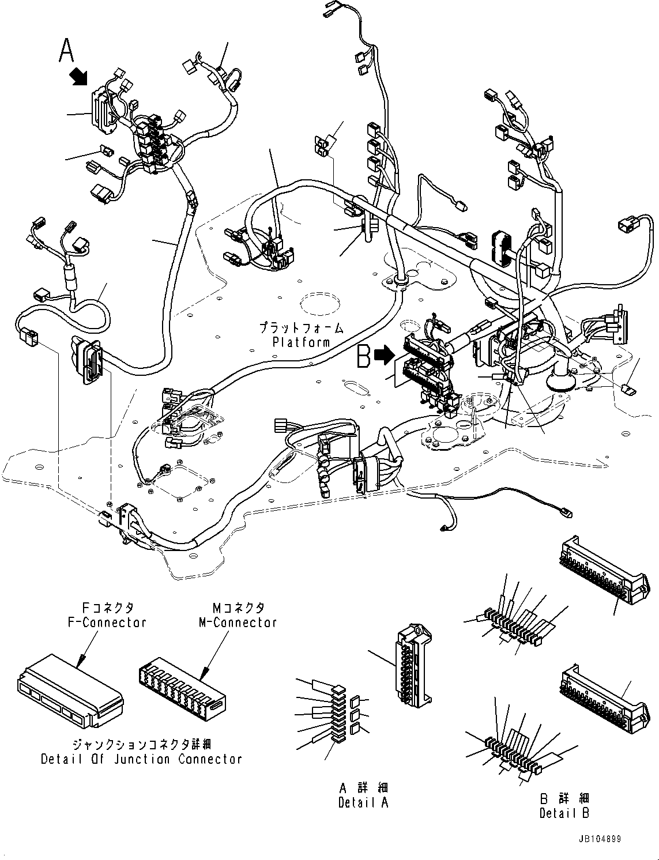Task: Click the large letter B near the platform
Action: coord(364,356)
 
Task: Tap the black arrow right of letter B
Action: coord(383,356)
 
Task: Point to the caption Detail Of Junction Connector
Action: coord(141,759)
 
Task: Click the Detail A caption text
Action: coord(364,803)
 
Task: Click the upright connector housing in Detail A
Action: coord(413,665)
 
